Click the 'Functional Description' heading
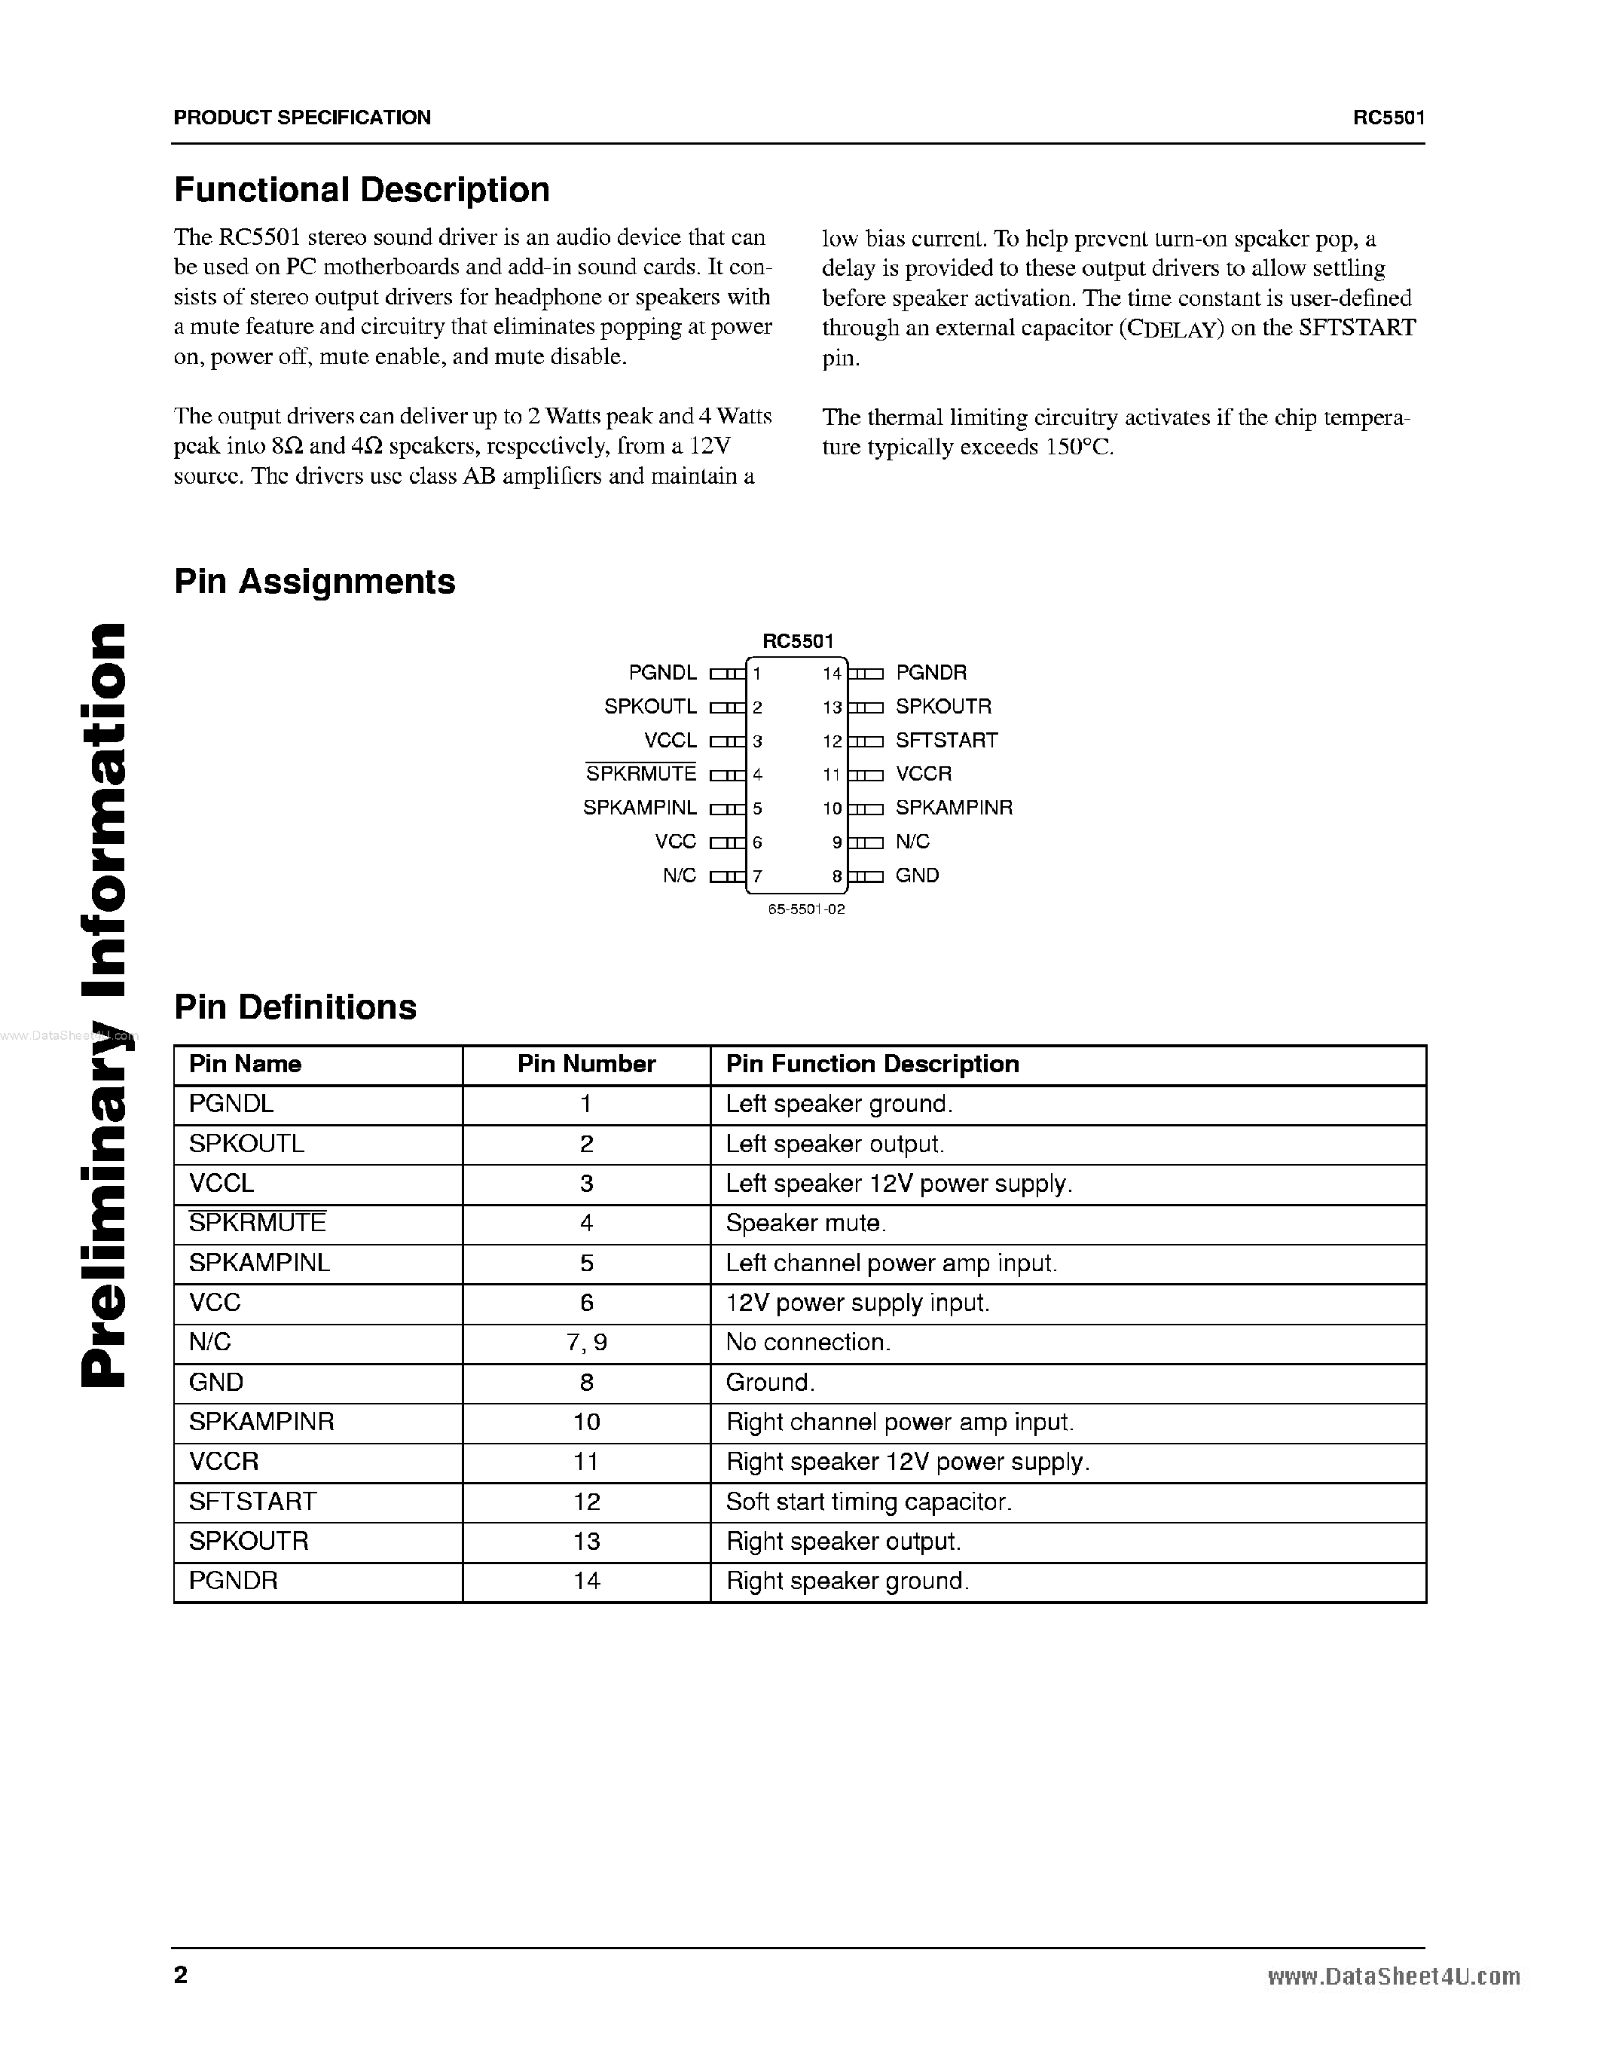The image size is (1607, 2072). coord(362,190)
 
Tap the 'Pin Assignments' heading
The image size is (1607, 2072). coord(314,582)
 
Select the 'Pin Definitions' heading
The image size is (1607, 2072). coord(295,1007)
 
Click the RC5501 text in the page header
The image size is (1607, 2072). coord(1389,118)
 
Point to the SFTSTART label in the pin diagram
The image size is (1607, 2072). coord(946,740)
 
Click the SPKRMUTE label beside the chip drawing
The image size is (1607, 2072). coord(640,774)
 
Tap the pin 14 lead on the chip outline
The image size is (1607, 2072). coord(865,674)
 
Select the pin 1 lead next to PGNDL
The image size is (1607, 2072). coord(728,674)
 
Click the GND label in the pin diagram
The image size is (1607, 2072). coord(916,876)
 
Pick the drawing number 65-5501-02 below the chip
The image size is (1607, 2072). coord(806,909)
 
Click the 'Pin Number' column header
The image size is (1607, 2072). coord(586,1065)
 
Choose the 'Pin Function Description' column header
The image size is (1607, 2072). coord(872,1065)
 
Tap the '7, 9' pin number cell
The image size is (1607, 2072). coord(586,1343)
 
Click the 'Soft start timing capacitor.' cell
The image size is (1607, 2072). coord(869,1502)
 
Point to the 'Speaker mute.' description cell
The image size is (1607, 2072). coord(805,1224)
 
